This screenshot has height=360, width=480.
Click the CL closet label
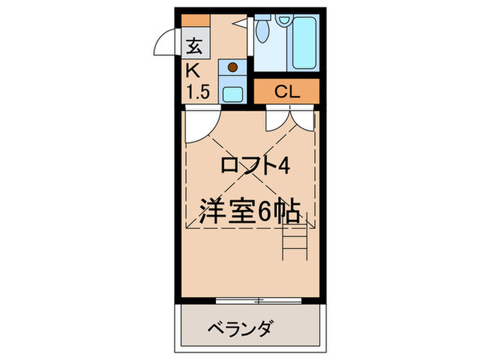pyautogui.click(x=287, y=92)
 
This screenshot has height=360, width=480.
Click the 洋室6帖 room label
pyautogui.click(x=250, y=210)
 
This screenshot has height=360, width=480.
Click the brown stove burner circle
pyautogui.click(x=233, y=68)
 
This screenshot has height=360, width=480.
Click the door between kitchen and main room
pyautogui.click(x=202, y=123)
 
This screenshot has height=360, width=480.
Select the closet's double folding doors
pyautogui.click(x=288, y=119)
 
